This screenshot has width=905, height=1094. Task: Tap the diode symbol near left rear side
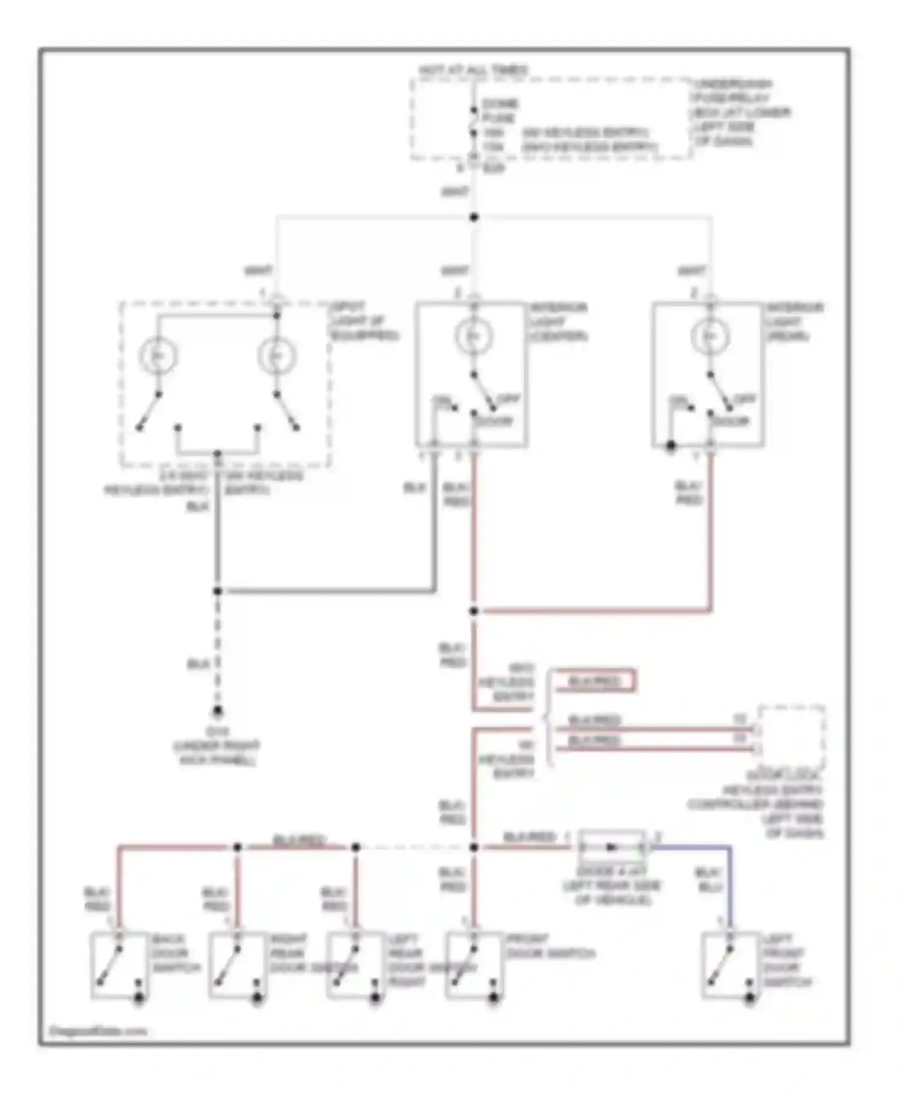[612, 847]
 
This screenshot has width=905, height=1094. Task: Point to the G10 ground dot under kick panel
[218, 711]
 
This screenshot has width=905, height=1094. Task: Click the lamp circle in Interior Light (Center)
[474, 337]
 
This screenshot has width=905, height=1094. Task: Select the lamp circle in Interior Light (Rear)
[710, 337]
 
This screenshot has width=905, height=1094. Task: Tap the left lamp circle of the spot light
[158, 356]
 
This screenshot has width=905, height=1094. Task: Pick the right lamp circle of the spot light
[276, 356]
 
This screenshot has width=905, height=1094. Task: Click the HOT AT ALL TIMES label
[474, 70]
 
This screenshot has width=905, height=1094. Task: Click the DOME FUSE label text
[500, 111]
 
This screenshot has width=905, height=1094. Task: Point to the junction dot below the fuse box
[474, 217]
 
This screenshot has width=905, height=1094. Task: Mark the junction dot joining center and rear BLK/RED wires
[474, 611]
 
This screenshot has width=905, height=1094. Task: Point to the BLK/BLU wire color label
[708, 880]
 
